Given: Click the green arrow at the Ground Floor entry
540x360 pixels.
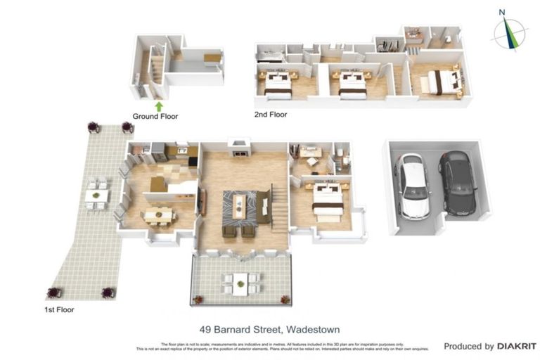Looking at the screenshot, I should point(159,106).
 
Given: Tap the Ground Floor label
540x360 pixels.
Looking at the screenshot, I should point(155,117).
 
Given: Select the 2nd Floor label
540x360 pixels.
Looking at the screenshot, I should point(271,114).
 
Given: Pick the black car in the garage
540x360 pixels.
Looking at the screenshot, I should point(457,183).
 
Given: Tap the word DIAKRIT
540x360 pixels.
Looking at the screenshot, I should point(517,347).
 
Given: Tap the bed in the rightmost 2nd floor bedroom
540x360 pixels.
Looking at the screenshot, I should point(440,81).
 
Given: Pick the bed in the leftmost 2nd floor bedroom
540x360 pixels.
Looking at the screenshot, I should point(278,84).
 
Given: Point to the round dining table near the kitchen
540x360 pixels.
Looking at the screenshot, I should point(158,214).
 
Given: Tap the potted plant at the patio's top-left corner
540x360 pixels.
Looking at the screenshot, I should point(93,127).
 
